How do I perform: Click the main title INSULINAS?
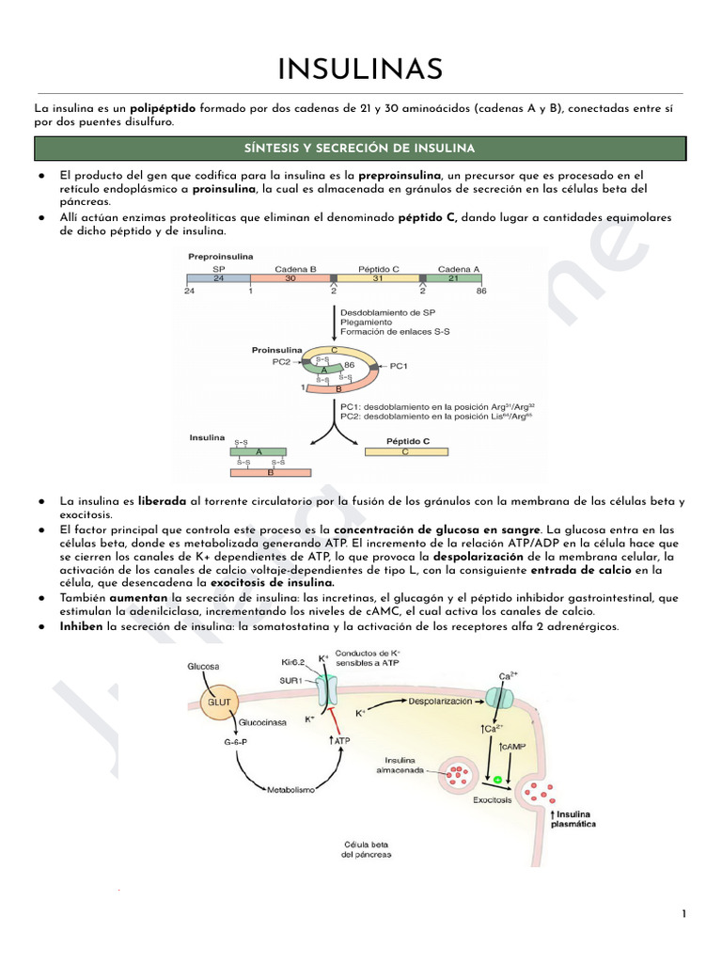coord(360,69)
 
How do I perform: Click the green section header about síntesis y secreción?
coord(360,149)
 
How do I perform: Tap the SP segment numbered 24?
coord(218,278)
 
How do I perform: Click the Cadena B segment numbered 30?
coord(290,278)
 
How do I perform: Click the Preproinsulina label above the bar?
coord(221,255)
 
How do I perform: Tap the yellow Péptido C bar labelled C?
coord(405,451)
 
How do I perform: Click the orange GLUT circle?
coord(218,702)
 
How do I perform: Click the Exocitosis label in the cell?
coord(493,799)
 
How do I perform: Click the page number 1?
coord(684,914)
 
